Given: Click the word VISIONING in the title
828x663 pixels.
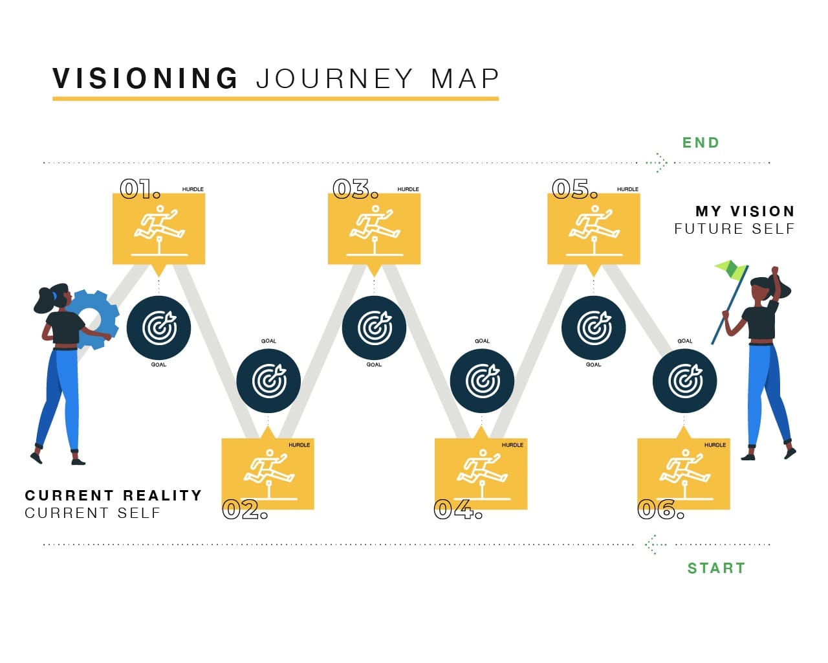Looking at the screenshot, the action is point(145,78).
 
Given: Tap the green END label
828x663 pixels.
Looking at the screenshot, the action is point(701,143).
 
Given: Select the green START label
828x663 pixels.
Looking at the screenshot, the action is point(717,568).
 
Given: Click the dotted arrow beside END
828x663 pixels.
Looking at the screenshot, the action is point(657,163).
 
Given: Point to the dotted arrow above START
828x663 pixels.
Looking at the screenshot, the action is point(656,545).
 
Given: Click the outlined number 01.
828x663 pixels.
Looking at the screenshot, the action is point(140,189).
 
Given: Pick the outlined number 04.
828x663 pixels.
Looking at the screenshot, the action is point(458,510).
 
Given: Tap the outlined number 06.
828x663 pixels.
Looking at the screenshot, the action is point(660,510).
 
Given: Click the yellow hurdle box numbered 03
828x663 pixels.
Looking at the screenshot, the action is point(374,229).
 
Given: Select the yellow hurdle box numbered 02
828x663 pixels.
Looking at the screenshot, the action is point(268,474).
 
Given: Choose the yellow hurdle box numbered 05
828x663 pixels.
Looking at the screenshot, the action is point(594,229).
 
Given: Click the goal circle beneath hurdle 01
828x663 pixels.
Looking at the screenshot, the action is point(158,328).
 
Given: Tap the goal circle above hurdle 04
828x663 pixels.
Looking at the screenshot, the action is point(482,381).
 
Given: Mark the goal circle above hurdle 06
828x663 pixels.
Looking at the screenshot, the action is point(684,381).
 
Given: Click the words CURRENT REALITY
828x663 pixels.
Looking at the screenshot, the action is point(113,495).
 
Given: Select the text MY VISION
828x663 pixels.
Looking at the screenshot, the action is point(745,211).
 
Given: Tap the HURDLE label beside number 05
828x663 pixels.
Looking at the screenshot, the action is point(627,189).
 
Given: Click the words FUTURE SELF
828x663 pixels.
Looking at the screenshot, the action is point(734,229).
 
